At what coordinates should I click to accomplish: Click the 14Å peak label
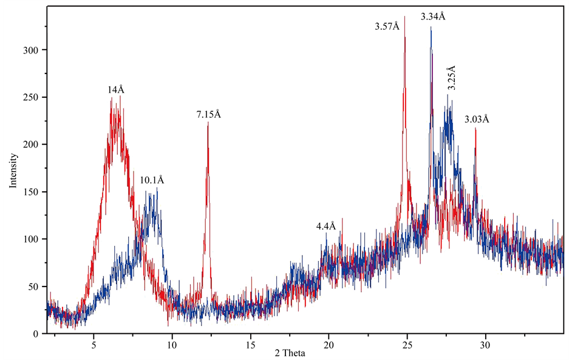click(116, 90)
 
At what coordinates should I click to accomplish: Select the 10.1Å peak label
click(152, 180)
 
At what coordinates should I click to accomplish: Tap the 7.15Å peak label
click(208, 114)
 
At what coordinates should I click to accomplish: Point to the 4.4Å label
click(325, 226)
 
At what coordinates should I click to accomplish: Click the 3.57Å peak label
click(387, 26)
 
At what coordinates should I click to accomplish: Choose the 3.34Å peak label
click(433, 16)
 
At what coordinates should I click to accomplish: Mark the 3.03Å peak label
click(476, 120)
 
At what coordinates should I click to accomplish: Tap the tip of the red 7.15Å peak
click(208, 123)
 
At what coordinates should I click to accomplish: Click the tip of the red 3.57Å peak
click(404, 17)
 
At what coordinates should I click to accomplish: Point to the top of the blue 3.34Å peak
click(431, 27)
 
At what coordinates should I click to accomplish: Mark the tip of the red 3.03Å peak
click(475, 128)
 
